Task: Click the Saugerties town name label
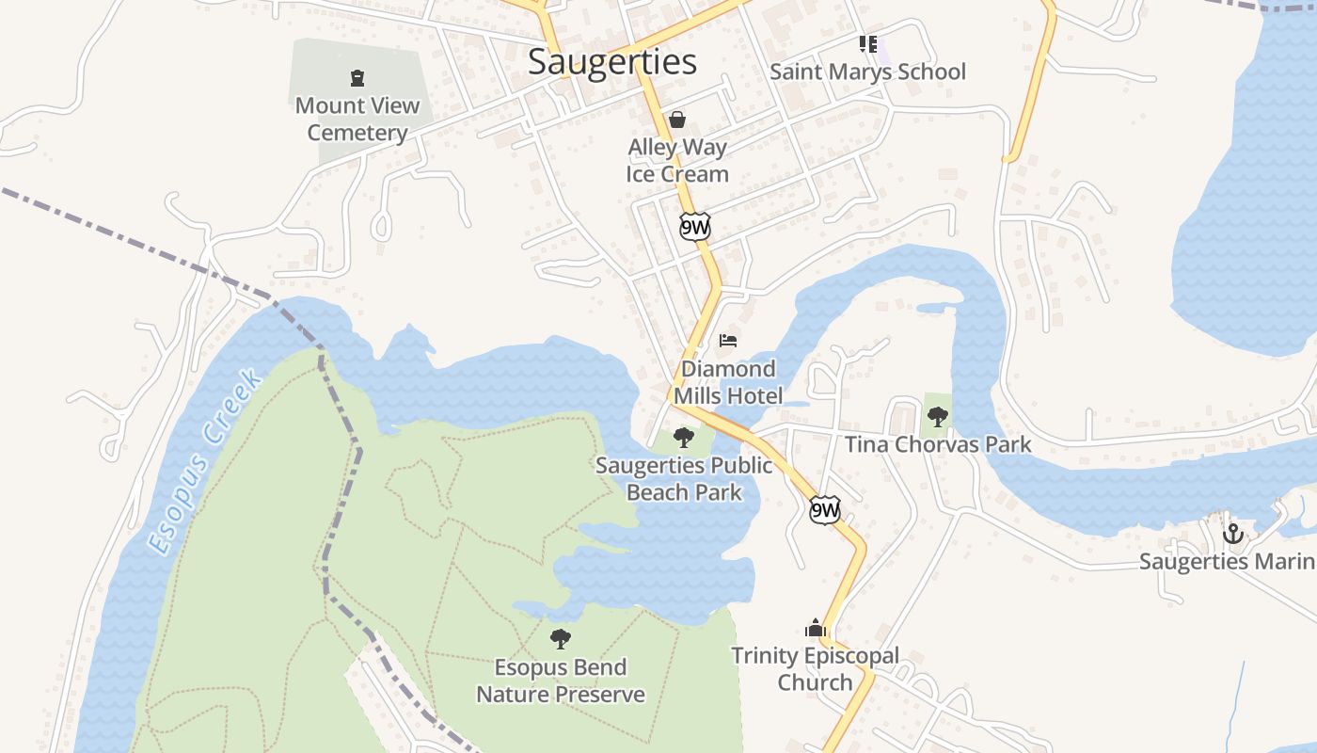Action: click(612, 62)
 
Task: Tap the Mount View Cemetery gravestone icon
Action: click(357, 77)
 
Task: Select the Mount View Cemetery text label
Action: click(357, 119)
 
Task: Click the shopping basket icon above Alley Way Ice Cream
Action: click(676, 119)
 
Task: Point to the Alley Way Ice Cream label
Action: click(677, 161)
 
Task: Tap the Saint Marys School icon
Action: click(867, 43)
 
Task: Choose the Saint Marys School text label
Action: click(867, 72)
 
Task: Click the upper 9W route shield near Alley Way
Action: click(695, 227)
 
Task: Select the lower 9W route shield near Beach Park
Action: click(824, 510)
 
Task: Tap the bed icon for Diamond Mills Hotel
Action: click(728, 340)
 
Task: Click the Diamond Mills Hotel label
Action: click(728, 382)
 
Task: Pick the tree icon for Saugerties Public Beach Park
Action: click(684, 437)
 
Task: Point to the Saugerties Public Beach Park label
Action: click(684, 478)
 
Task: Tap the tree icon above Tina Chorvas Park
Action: click(937, 416)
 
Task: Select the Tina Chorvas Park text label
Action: click(938, 444)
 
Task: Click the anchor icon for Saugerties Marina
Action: click(1232, 534)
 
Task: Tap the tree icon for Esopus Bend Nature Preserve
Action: click(561, 639)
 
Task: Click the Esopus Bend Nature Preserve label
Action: click(561, 681)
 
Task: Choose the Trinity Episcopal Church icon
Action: click(815, 628)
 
